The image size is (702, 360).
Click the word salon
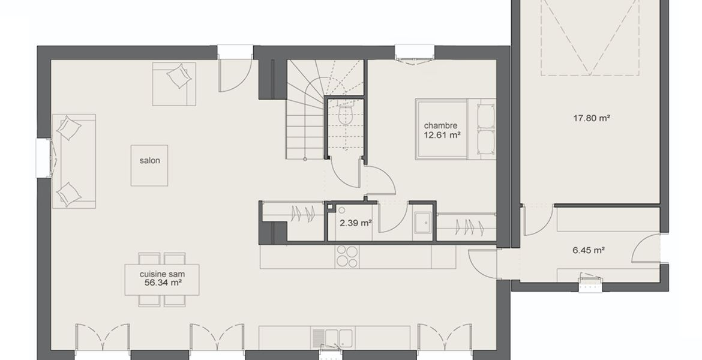pyautogui.click(x=149, y=161)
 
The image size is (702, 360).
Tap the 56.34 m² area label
pyautogui.click(x=163, y=283)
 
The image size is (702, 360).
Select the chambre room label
pyautogui.click(x=441, y=126)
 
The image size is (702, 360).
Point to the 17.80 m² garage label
pyautogui.click(x=592, y=119)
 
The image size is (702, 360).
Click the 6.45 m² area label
pyautogui.click(x=589, y=251)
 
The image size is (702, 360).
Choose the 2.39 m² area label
pyautogui.click(x=355, y=223)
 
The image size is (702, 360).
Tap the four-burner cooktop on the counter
pyautogui.click(x=347, y=257)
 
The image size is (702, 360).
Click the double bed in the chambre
pyautogui.click(x=455, y=129)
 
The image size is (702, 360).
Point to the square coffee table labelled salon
pyautogui.click(x=149, y=165)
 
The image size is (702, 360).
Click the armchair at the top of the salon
pyautogui.click(x=174, y=84)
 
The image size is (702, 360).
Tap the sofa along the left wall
pyautogui.click(x=74, y=161)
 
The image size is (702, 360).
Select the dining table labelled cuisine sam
pyautogui.click(x=162, y=280)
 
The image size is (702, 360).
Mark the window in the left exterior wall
pyautogui.click(x=43, y=158)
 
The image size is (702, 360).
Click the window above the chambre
pyautogui.click(x=415, y=52)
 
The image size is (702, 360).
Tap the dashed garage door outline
pyautogui.click(x=590, y=38)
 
